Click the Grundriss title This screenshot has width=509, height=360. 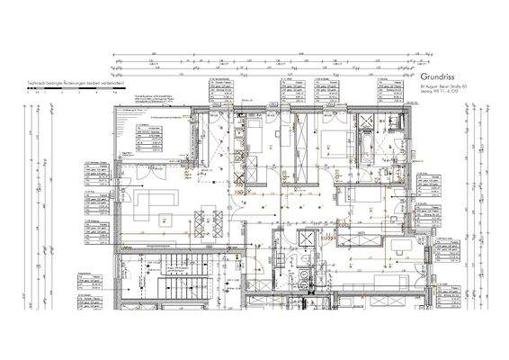click(440, 77)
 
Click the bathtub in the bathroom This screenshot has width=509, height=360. click(369, 144)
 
